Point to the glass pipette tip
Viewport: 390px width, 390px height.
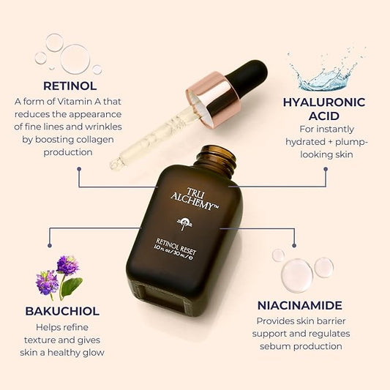116,164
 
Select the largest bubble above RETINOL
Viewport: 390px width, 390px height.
75,59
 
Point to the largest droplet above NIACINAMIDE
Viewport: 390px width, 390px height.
296,274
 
